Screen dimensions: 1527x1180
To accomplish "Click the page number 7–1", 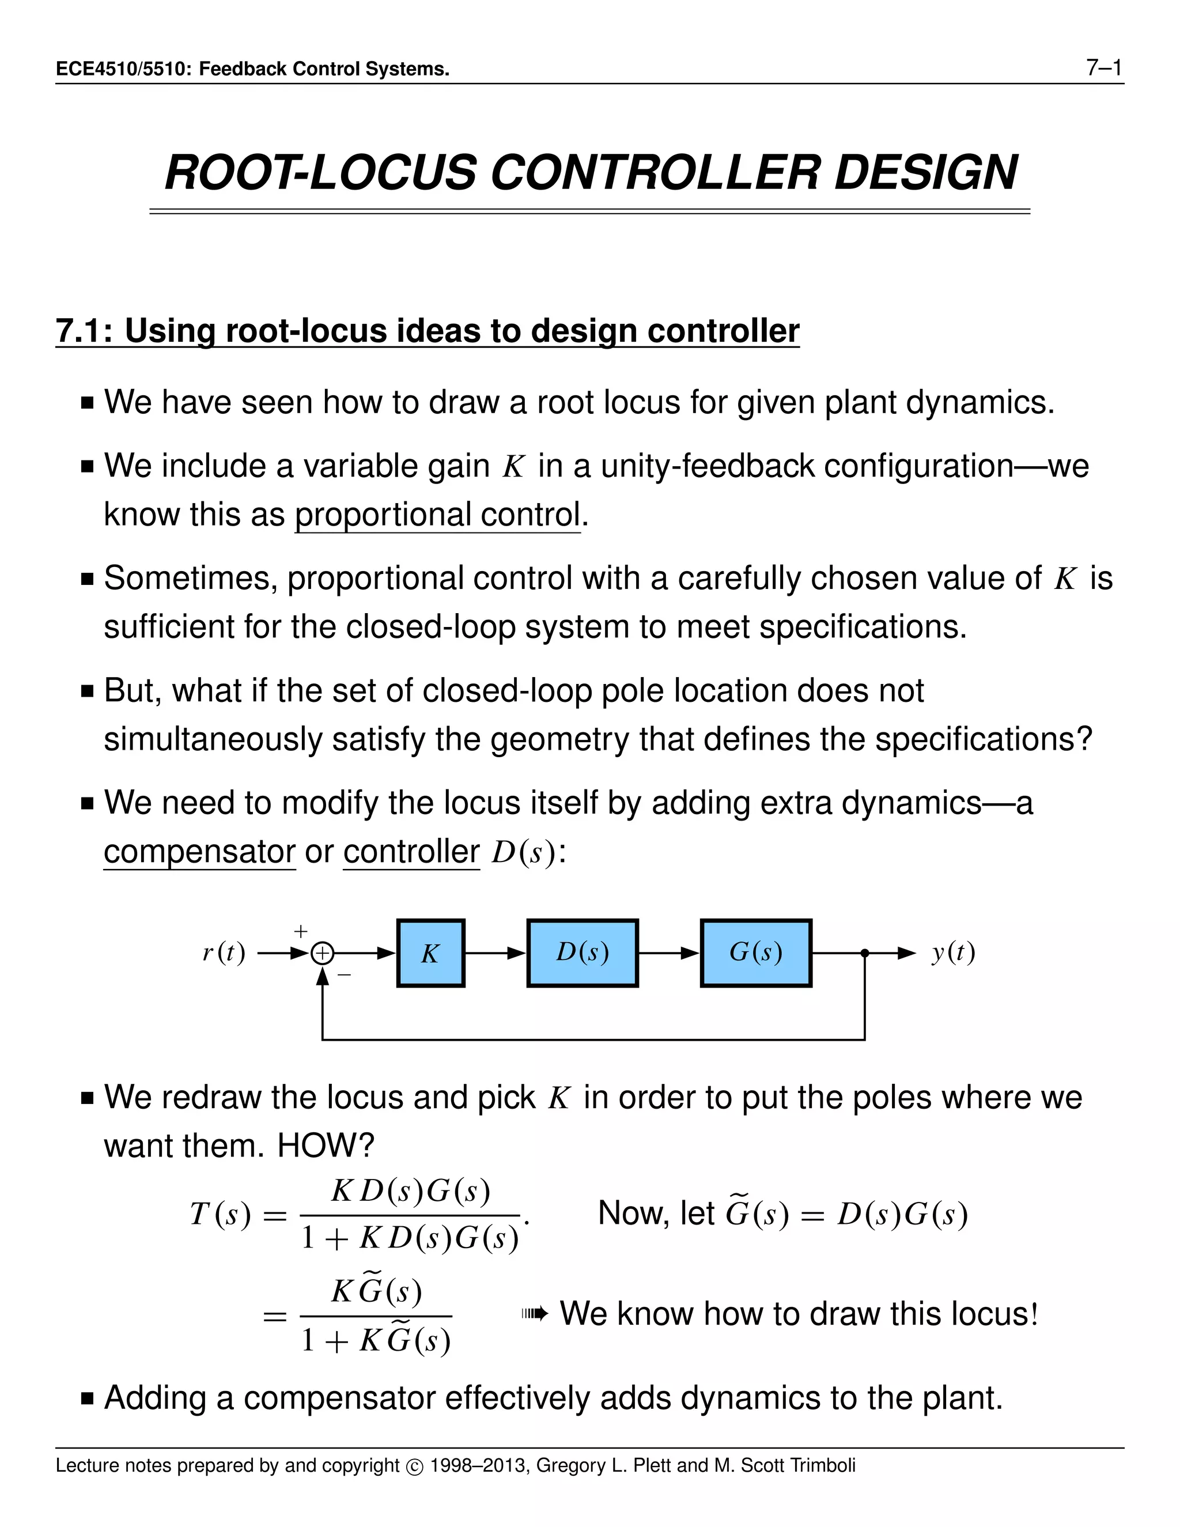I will tap(1104, 68).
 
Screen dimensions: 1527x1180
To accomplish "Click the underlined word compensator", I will tap(200, 852).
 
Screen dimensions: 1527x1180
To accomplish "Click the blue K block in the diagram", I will tap(430, 953).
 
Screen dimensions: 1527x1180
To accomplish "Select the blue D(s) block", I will tap(583, 953).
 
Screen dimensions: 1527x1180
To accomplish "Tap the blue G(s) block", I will tap(756, 953).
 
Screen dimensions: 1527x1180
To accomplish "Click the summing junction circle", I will tap(322, 954).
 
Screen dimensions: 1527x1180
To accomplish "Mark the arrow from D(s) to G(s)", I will tap(669, 953).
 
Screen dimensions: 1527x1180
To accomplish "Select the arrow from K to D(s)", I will tap(496, 953).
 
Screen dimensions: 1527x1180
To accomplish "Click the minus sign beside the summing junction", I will tap(344, 974).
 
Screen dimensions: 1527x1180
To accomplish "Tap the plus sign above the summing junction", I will tap(301, 931).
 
